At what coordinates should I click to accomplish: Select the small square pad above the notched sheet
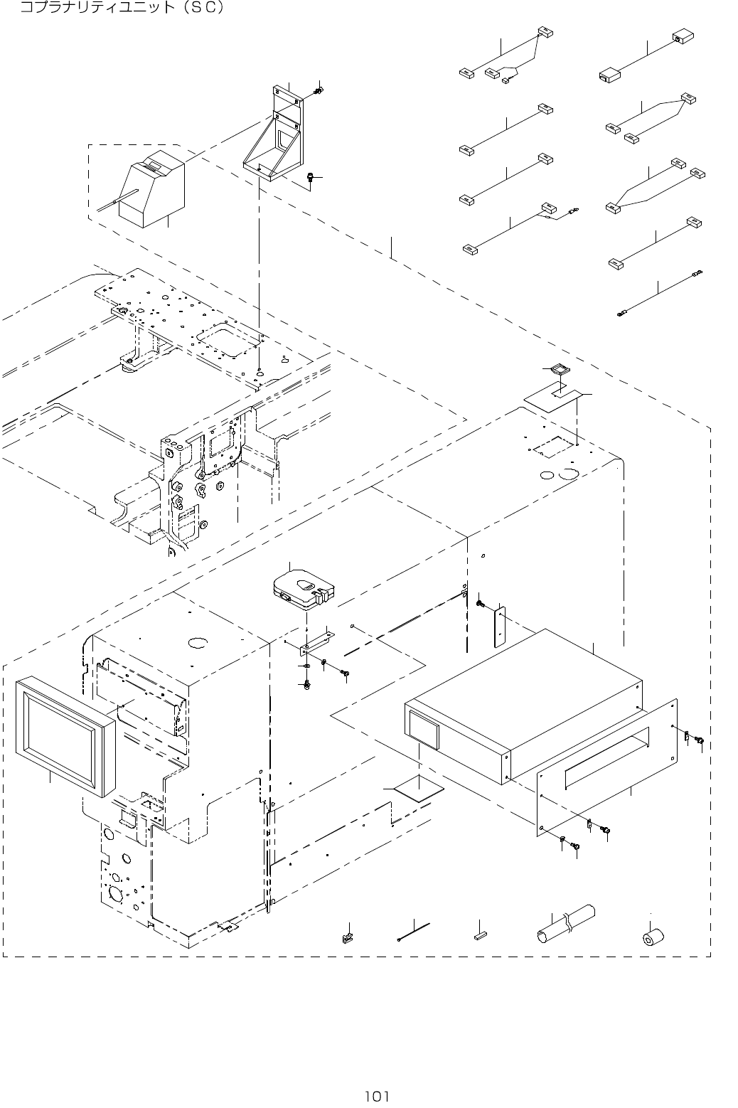(558, 369)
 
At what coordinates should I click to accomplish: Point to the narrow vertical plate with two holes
(500, 626)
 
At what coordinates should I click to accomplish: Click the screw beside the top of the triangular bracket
(319, 90)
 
